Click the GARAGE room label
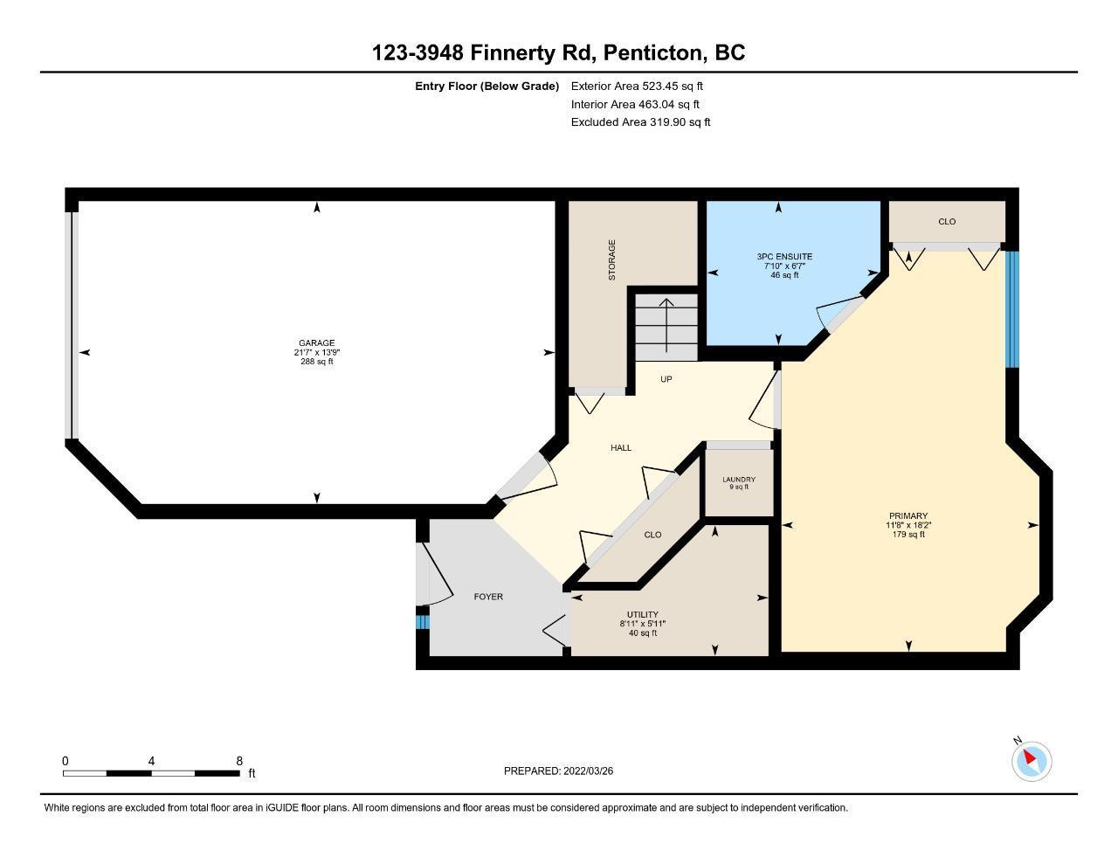click(x=316, y=342)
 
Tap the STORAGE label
click(x=611, y=259)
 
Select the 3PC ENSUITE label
click(x=784, y=256)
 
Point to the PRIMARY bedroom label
click(x=908, y=515)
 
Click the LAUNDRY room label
click(x=739, y=479)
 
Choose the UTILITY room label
click(x=643, y=614)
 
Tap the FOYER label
click(x=488, y=597)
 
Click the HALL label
click(x=621, y=447)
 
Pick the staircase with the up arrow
click(x=666, y=327)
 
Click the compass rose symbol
click(x=1031, y=761)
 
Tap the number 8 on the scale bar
click(x=239, y=761)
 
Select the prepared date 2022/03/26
click(x=588, y=771)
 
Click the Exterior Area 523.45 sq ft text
click(x=637, y=86)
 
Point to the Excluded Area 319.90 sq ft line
click(x=640, y=122)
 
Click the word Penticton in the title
click(x=653, y=52)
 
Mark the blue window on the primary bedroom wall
click(x=1012, y=309)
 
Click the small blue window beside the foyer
click(x=422, y=622)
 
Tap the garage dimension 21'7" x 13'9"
click(x=317, y=352)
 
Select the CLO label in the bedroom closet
click(x=947, y=221)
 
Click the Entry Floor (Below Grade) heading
click(x=487, y=86)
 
